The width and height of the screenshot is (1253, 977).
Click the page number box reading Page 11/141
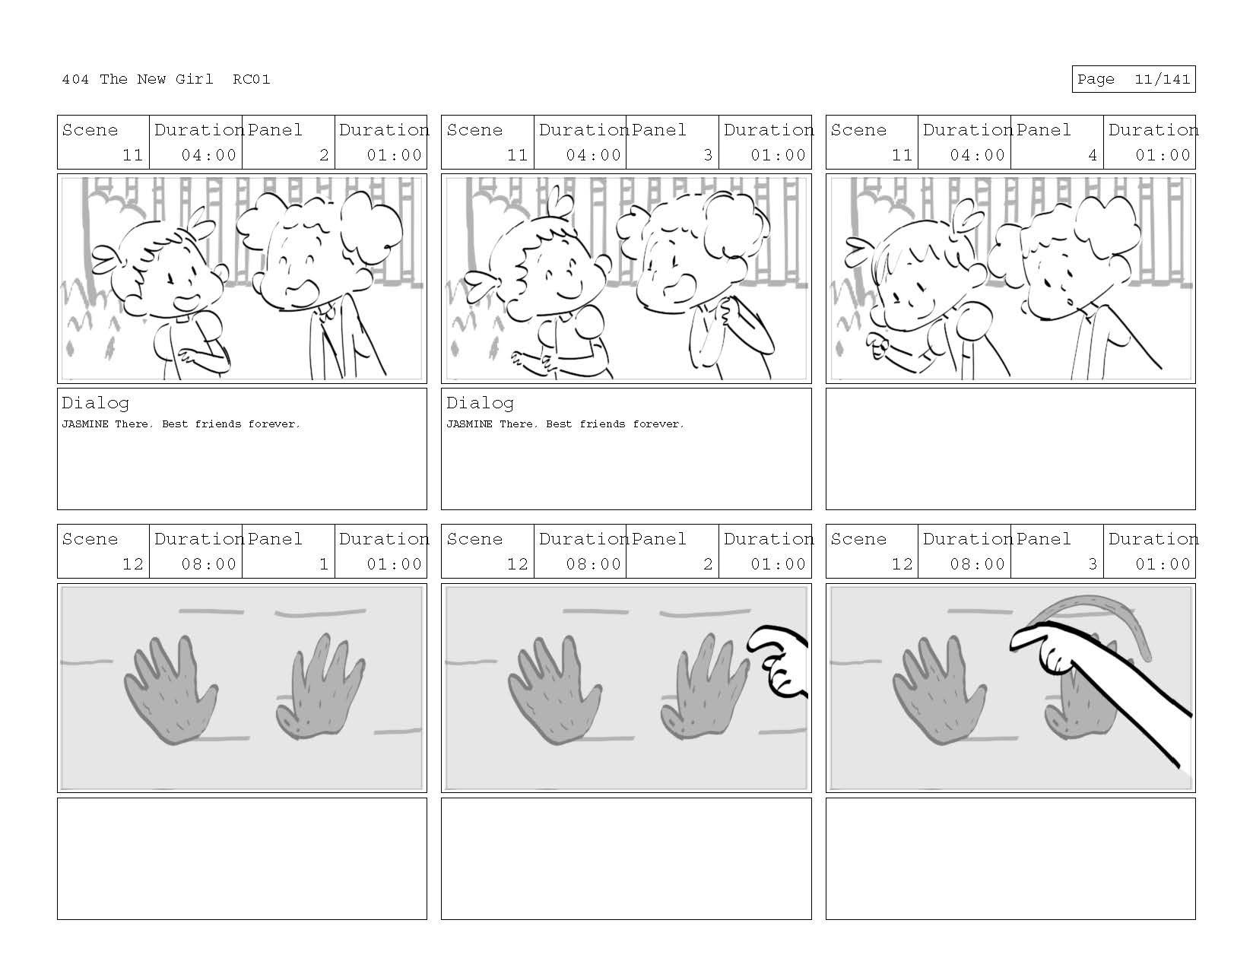[x=1133, y=79]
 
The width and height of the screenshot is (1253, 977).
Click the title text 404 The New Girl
[x=138, y=79]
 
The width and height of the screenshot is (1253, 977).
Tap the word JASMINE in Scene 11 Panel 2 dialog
[x=85, y=424]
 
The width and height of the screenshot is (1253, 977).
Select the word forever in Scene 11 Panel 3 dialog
[x=658, y=424]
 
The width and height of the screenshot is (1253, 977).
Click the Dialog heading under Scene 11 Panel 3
[x=480, y=403]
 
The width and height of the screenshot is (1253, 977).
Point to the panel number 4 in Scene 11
[x=1093, y=155]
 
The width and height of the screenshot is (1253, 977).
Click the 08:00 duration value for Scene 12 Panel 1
[x=208, y=564]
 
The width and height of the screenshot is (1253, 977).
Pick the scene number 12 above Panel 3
[x=902, y=564]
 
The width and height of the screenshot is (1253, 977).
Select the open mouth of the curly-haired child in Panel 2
[x=310, y=290]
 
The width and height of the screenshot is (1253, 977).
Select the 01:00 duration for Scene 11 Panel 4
[x=1163, y=155]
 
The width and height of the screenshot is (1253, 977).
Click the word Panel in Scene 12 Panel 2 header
[x=659, y=539]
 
